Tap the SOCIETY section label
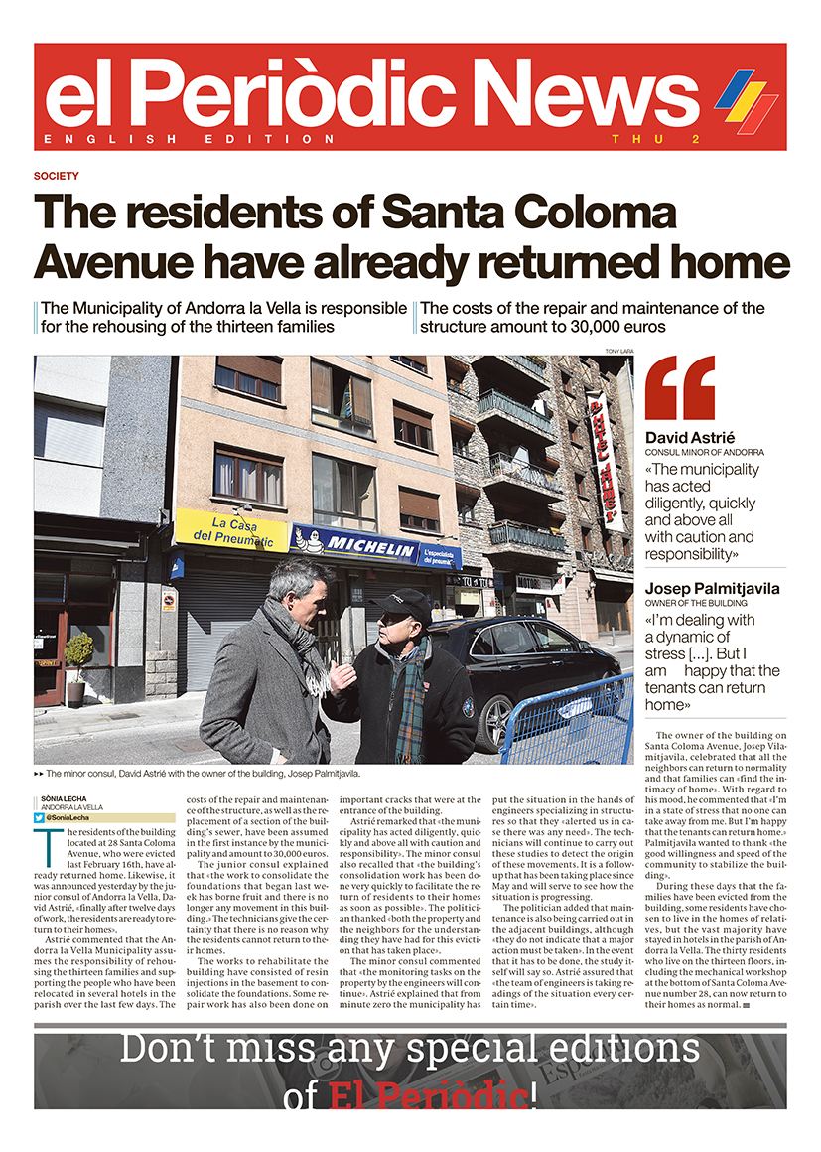coord(56,176)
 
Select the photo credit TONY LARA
coord(618,351)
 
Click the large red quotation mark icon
coord(680,388)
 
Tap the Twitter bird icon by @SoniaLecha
coord(39,817)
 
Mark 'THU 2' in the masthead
coord(655,139)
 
